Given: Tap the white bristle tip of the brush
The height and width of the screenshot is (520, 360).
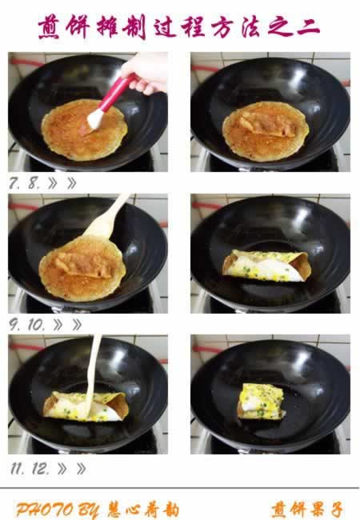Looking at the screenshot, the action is (95, 119).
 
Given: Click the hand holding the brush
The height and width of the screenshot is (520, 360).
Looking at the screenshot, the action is (146, 73).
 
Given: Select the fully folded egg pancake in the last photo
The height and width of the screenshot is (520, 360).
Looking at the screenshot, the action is (262, 402).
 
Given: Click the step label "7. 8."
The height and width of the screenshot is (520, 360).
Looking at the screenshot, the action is (25, 182).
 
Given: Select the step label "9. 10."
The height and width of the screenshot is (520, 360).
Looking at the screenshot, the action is (27, 325).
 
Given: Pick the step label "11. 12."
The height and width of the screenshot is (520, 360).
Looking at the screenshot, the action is (30, 469).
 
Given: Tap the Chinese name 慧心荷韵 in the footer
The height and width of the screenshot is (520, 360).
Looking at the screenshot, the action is (143, 510).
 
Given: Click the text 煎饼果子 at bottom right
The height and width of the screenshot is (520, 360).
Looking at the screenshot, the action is (307, 510).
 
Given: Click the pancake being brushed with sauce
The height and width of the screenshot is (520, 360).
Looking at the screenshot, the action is (84, 130).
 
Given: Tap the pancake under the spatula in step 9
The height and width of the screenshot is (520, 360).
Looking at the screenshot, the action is (82, 269).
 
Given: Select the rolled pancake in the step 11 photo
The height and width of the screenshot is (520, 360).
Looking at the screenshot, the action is (86, 406).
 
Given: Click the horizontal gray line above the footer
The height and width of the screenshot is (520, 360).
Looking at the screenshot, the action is (179, 488).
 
